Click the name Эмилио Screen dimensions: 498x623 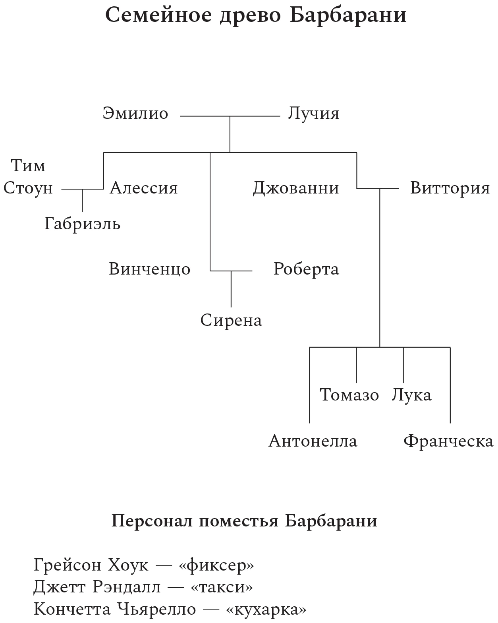(135, 113)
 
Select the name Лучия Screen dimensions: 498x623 (313, 113)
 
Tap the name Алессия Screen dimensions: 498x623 (144, 188)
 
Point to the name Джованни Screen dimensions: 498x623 (296, 189)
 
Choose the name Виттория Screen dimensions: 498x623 (450, 188)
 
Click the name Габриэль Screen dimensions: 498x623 (83, 224)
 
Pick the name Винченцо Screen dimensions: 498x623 (150, 269)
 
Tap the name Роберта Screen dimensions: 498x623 (306, 269)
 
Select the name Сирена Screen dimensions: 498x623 (231, 321)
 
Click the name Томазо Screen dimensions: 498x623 (349, 395)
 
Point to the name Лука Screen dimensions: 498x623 (412, 395)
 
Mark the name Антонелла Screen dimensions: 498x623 (313, 441)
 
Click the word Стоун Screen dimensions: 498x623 (28, 188)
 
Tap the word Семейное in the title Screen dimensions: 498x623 (158, 15)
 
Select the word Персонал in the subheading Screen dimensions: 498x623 (152, 521)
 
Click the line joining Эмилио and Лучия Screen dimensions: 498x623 (230, 116)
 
